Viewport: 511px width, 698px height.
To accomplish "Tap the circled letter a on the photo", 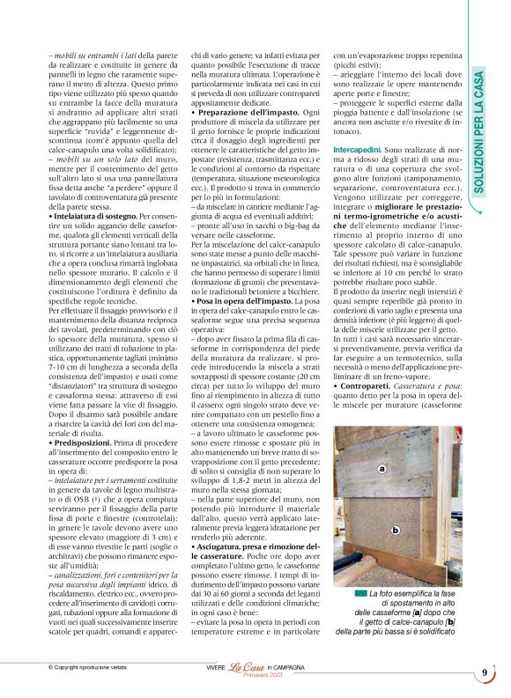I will [381, 470].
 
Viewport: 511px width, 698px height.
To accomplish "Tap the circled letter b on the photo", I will [396, 529].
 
